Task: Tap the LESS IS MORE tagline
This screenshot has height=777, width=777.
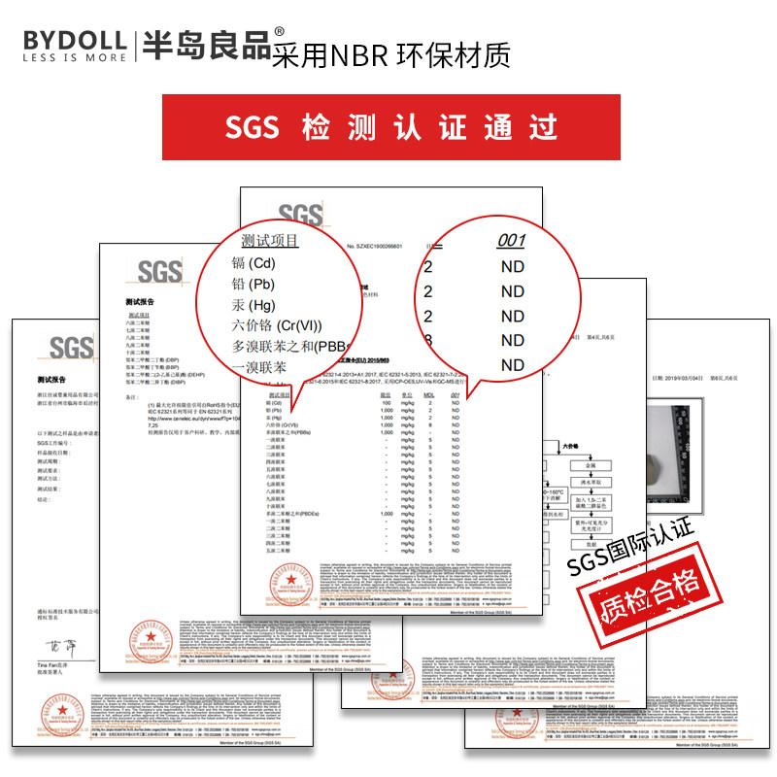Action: tap(74, 57)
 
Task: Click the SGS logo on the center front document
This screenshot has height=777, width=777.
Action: tap(301, 216)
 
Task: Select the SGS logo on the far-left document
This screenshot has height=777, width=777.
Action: tap(71, 348)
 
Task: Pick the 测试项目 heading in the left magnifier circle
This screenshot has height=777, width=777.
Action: tap(270, 241)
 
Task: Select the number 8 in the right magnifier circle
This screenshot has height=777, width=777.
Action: tap(428, 340)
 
